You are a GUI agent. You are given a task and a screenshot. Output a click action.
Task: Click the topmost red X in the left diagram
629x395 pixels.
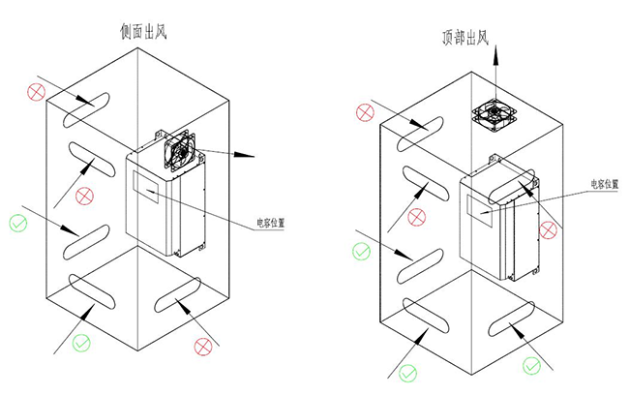pyautogui.click(x=37, y=93)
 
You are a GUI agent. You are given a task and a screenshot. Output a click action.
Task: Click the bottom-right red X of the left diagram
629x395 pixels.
pyautogui.click(x=203, y=346)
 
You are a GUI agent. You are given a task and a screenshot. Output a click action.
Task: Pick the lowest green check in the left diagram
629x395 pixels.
pyautogui.click(x=81, y=341)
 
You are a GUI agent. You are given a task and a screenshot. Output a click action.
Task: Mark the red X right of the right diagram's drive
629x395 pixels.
pyautogui.click(x=548, y=229)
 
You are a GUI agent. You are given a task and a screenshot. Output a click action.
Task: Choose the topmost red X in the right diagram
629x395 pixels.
pyautogui.click(x=365, y=112)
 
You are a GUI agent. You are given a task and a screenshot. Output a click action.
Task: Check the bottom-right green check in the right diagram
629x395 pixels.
pyautogui.click(x=530, y=365)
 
